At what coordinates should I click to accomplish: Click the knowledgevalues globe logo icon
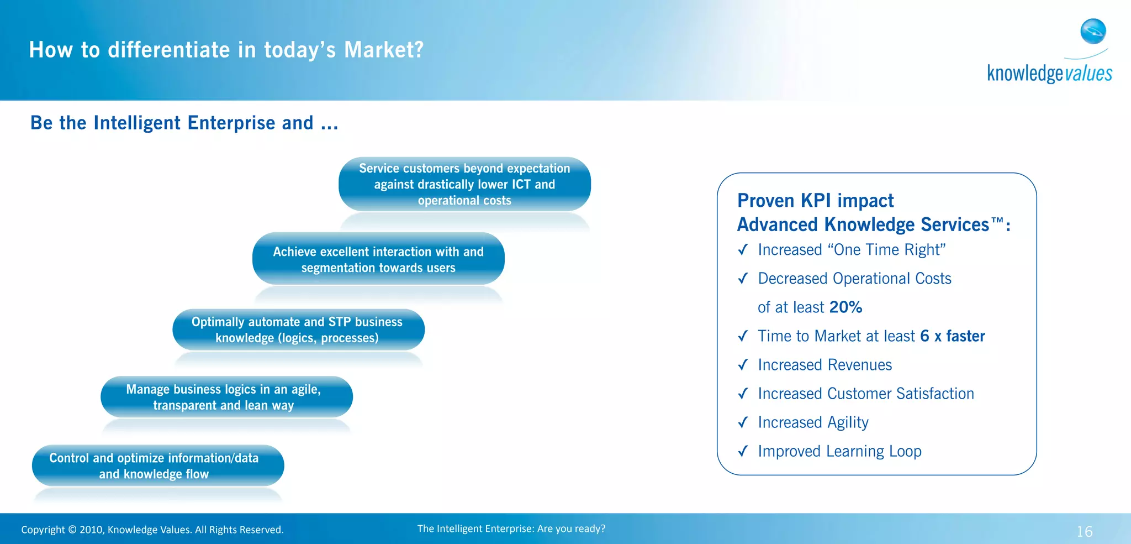point(1093,32)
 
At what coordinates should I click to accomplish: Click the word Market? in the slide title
point(384,50)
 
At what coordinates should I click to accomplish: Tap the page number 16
point(1084,531)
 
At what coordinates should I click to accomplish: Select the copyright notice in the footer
point(152,530)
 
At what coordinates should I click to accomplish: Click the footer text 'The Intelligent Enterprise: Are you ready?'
point(511,529)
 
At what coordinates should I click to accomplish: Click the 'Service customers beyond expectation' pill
point(464,184)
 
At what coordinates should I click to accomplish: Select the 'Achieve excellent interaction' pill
point(378,259)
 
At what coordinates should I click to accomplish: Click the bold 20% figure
point(845,307)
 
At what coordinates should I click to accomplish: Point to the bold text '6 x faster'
point(952,336)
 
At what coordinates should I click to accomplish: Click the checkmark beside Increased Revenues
point(743,365)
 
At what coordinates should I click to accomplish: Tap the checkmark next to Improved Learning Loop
point(743,451)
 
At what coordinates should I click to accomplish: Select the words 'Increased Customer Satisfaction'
point(865,394)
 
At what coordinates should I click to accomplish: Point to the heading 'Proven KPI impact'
point(815,200)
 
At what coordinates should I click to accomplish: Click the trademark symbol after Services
point(997,221)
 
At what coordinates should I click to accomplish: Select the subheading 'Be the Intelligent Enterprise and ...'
point(184,123)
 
